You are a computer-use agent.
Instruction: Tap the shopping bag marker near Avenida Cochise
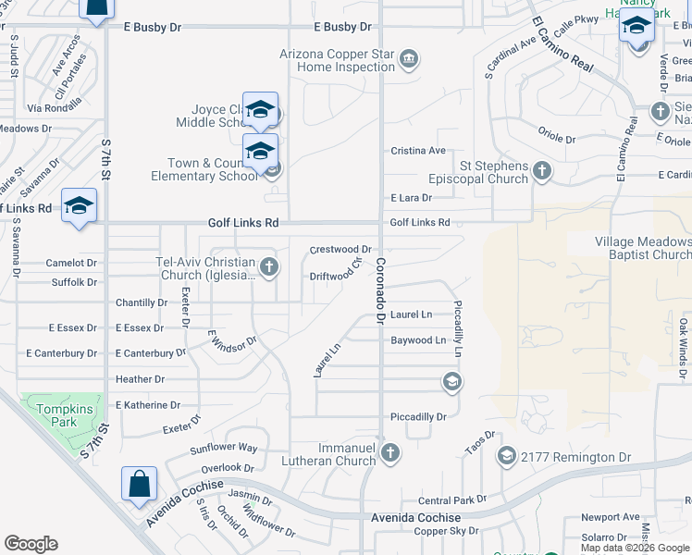tap(139, 485)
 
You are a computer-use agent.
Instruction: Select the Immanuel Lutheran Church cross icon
tap(390, 452)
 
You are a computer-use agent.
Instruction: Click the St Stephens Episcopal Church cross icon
tap(542, 170)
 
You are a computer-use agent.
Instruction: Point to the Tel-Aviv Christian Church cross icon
tap(269, 267)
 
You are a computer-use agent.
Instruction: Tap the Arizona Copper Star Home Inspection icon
tap(408, 61)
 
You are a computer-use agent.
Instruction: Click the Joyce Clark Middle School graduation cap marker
tap(260, 110)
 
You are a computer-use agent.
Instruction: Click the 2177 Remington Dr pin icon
tap(506, 456)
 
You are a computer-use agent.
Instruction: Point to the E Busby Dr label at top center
tap(341, 28)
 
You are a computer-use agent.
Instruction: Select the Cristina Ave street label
tap(418, 151)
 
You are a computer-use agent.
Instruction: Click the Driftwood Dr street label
tap(332, 276)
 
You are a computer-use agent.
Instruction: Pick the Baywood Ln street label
tap(418, 340)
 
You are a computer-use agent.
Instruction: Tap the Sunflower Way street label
tap(223, 448)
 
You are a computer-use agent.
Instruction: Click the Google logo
tap(31, 544)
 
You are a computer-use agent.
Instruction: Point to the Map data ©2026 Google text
tap(634, 548)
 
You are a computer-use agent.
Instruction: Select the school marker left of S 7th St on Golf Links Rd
tap(79, 206)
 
